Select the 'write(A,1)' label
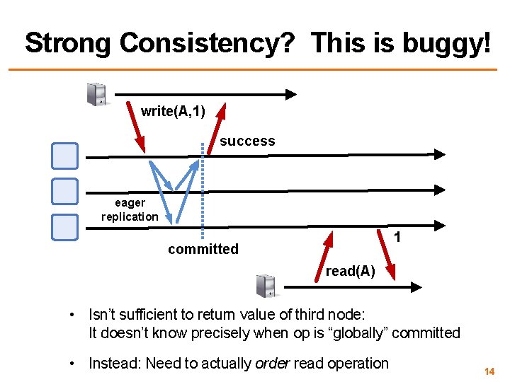(173, 111)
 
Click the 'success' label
(247, 141)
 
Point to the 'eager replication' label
(130, 209)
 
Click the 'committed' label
(203, 249)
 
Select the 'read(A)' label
(350, 272)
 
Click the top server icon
(96, 93)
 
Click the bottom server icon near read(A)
(266, 286)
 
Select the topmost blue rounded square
(64, 156)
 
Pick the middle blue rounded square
(64, 191)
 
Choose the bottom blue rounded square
(64, 226)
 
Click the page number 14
(489, 371)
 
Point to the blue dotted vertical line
(203, 191)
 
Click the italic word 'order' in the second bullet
(272, 364)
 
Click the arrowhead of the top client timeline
(291, 93)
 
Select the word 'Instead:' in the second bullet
(114, 364)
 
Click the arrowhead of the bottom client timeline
(417, 286)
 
